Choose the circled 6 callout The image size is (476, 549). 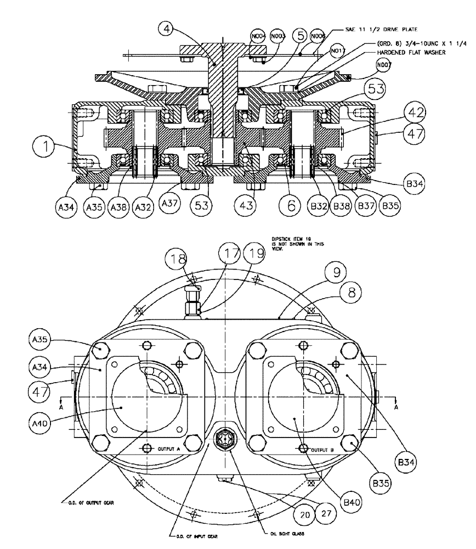point(291,205)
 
